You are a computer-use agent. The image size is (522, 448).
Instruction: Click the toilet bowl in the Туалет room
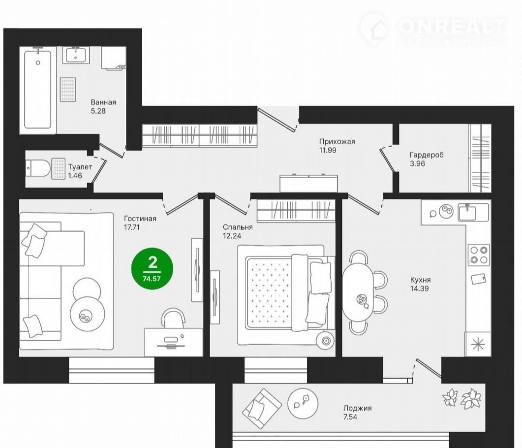point(37,168)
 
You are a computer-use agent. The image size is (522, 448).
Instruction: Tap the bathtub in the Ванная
point(38,89)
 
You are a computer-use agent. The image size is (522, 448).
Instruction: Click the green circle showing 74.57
point(152,268)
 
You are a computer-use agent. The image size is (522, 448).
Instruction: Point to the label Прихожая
point(337,141)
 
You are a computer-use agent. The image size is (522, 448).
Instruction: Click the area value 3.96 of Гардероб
point(417,163)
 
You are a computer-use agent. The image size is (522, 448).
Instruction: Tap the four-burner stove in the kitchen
point(479,255)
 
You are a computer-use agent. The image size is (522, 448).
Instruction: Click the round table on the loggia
point(303,403)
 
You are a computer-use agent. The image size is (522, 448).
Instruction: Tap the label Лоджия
point(358,408)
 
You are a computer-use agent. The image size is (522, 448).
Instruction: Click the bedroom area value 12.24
point(232,236)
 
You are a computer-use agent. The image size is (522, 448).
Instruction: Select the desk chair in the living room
point(173,318)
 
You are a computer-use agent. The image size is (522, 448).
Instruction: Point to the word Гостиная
point(140,219)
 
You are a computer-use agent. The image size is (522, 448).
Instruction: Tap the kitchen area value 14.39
point(419,288)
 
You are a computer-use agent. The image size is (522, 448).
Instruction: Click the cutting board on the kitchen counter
point(479,279)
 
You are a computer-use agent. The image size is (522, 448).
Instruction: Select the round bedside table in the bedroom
point(326,341)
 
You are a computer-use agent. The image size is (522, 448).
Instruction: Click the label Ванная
point(103,102)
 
